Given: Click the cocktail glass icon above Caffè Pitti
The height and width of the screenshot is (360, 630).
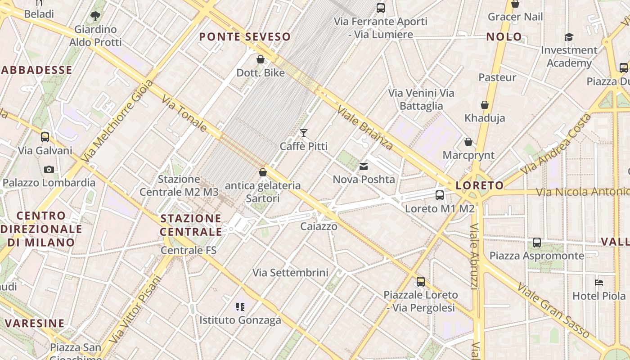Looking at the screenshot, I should [304, 133].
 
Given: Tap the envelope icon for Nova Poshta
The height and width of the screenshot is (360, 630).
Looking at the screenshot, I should [364, 166].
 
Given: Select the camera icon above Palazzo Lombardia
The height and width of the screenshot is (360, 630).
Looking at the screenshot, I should [49, 170].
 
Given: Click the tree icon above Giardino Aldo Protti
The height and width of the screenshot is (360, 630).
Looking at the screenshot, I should [95, 17].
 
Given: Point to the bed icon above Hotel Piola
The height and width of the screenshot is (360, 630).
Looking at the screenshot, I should [599, 283].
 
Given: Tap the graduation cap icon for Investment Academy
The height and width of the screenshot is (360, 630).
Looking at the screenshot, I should [569, 37].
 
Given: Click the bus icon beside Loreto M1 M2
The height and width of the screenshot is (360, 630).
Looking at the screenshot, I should [440, 195].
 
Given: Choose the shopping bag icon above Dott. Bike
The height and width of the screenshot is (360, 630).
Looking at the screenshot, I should [260, 59].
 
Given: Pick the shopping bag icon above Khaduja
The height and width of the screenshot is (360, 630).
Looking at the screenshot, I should [485, 105].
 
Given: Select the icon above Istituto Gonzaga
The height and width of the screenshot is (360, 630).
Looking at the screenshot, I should [240, 307].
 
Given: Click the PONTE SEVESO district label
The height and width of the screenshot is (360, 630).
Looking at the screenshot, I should [245, 37].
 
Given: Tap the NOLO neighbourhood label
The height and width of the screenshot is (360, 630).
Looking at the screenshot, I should [504, 37].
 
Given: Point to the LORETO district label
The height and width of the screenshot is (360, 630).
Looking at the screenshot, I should [480, 185].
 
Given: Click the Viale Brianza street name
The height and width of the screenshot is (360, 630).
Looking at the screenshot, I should [365, 128].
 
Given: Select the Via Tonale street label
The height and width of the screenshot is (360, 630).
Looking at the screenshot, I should [184, 114].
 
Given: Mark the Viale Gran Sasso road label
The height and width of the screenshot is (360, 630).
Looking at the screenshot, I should [553, 310].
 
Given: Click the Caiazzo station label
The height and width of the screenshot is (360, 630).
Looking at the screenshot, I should [319, 226].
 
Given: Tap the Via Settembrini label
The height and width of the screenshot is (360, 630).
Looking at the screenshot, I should [290, 273].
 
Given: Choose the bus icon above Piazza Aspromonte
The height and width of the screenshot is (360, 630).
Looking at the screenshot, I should [537, 243].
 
